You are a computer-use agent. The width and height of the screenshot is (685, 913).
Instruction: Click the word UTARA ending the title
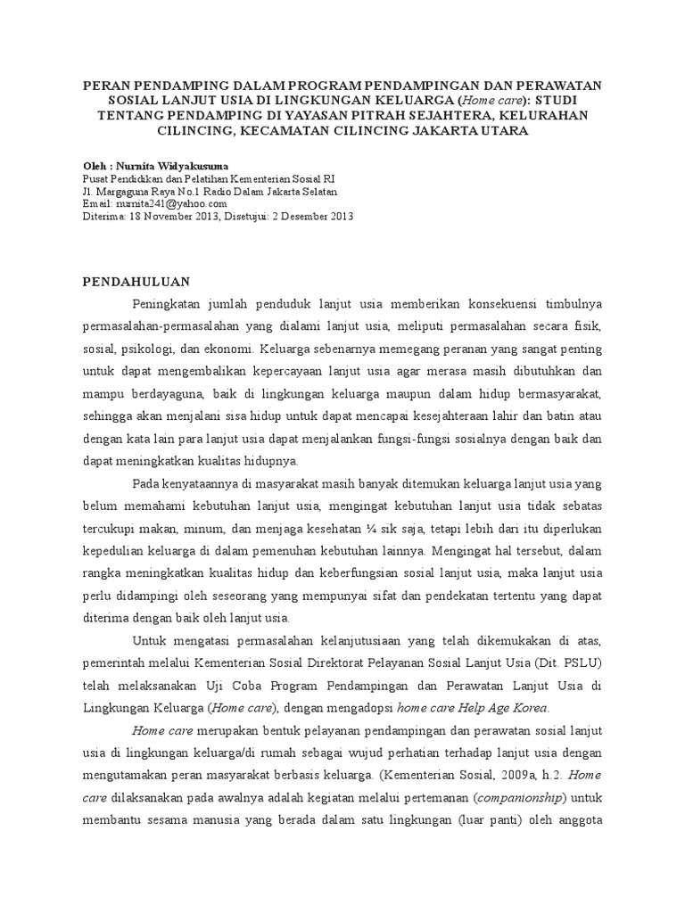(507, 131)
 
